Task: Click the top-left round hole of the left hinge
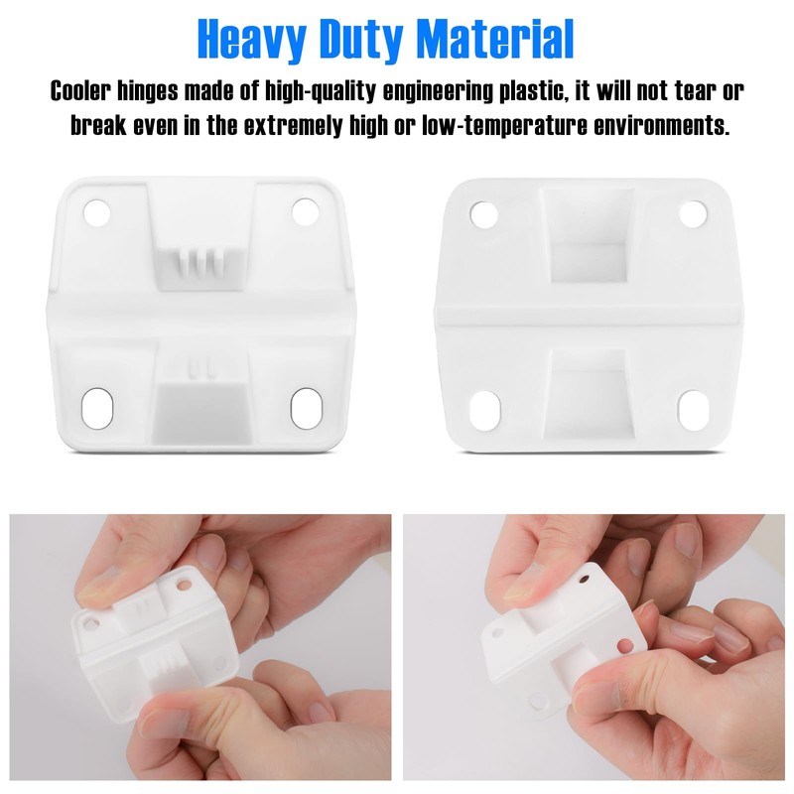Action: (96, 212)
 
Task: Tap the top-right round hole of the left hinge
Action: (305, 210)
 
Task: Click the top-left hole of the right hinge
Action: (483, 213)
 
